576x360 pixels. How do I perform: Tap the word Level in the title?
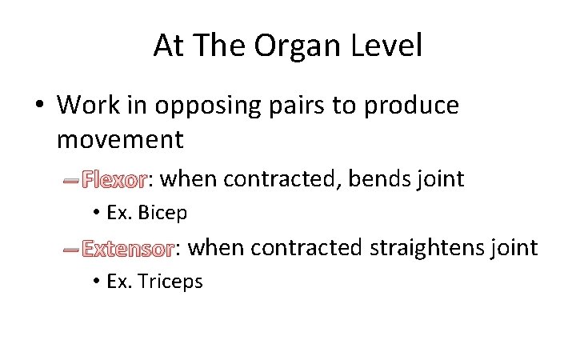[x=387, y=46]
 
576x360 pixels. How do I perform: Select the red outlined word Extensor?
[x=128, y=249]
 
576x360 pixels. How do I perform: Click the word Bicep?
[x=163, y=213]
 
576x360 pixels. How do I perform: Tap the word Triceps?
[x=170, y=282]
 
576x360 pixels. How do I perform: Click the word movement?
[x=120, y=140]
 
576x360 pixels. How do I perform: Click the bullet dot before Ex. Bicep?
[x=95, y=213]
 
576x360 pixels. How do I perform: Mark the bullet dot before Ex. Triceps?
[x=95, y=282]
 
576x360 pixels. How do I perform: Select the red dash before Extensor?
[x=71, y=250]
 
